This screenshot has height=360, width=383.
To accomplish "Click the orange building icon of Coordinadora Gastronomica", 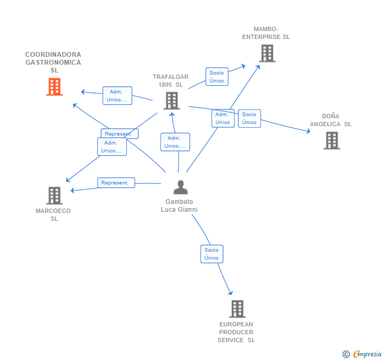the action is (55, 87).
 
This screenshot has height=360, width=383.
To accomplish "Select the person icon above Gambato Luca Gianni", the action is (180, 187).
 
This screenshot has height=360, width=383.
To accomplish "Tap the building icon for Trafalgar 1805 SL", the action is (172, 100).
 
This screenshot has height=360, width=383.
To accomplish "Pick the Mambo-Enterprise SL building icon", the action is (267, 53).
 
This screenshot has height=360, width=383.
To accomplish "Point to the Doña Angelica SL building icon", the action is (332, 140).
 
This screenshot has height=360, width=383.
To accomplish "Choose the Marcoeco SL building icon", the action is (55, 196).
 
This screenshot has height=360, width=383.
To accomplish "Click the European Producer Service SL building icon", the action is (237, 308).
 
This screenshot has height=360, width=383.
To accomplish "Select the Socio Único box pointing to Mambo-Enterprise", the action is (217, 77).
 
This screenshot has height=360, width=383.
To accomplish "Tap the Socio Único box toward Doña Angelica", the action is (249, 118).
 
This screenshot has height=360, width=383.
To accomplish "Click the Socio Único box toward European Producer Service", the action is (212, 254).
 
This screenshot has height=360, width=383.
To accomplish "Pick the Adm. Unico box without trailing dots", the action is (223, 118).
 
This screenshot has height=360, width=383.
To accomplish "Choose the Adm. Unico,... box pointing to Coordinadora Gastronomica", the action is (117, 96).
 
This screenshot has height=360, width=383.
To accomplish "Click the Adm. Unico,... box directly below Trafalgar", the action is (175, 142).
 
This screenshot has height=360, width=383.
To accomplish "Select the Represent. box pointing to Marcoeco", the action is (116, 182).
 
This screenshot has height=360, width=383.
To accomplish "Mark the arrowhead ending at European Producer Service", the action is (230, 293).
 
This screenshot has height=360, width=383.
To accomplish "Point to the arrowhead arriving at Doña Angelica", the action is (308, 131).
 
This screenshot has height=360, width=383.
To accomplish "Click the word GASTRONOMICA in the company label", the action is (53, 63).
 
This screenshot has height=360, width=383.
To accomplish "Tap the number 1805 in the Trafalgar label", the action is (165, 85).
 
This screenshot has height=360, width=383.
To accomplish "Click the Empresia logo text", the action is (367, 354).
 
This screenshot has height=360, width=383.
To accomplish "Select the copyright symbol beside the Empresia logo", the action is (346, 354).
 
